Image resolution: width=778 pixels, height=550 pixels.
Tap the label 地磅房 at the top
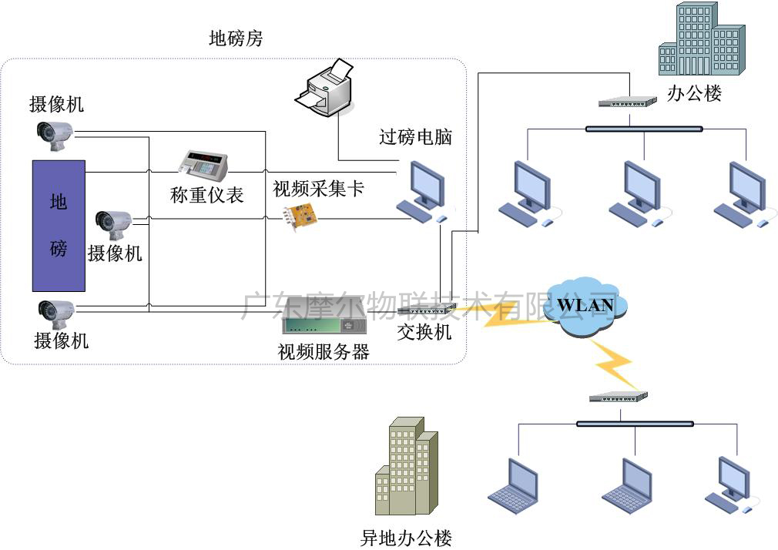click(x=236, y=39)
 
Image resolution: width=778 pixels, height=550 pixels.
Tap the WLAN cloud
click(x=585, y=307)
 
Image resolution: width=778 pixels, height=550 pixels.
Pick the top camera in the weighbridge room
click(x=55, y=132)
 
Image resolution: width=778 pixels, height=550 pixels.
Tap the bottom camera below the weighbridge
click(x=55, y=311)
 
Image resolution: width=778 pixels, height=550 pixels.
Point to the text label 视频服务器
click(x=323, y=352)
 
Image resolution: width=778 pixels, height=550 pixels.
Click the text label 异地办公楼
click(x=405, y=538)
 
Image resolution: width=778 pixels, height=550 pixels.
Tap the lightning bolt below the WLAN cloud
click(x=613, y=362)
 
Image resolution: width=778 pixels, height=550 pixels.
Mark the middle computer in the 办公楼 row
click(x=638, y=193)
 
